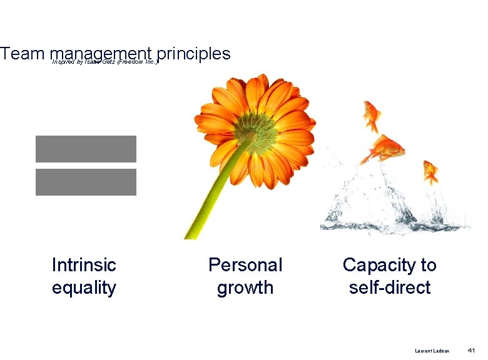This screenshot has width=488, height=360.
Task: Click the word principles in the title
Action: click(195, 54)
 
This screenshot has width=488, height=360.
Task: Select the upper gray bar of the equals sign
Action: click(86, 149)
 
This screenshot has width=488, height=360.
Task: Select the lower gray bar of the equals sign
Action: click(86, 182)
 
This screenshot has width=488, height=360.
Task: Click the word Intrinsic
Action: click(84, 265)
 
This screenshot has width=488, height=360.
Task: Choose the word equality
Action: click(84, 287)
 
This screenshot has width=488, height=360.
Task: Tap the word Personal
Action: click(245, 265)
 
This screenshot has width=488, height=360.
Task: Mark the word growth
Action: click(245, 288)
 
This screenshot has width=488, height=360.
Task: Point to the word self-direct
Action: click(390, 287)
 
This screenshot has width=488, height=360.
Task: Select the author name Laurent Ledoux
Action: click(432, 351)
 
